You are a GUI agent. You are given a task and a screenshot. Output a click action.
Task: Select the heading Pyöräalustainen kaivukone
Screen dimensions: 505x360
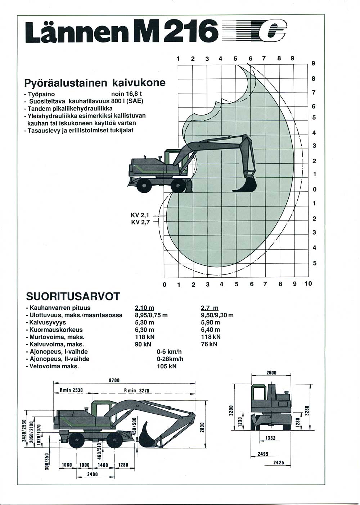point(95,83)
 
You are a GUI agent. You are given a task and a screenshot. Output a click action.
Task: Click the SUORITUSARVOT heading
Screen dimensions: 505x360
point(73,296)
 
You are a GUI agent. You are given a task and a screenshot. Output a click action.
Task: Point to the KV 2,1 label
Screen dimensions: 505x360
point(140,215)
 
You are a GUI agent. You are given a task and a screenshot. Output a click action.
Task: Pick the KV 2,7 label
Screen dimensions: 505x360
point(140,222)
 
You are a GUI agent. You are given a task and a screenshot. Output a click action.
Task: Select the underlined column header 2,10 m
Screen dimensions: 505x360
point(144,308)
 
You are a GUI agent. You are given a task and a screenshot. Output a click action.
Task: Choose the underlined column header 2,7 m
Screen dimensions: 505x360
point(210,308)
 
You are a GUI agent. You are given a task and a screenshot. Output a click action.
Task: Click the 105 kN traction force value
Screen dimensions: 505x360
point(167,366)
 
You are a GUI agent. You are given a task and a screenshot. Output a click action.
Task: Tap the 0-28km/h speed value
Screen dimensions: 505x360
point(170,359)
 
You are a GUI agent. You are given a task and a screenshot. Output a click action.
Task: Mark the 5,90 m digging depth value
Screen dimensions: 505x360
point(210,323)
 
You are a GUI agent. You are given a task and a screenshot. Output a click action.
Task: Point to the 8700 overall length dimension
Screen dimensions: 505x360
point(114,380)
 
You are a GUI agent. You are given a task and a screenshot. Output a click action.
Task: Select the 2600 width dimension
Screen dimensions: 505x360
point(271,373)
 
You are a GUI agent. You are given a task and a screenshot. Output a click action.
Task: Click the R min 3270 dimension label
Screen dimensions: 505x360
point(136,390)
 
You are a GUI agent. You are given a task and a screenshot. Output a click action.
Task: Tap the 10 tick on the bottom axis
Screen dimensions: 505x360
point(308,284)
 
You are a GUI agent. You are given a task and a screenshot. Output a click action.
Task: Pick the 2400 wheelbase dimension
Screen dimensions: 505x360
point(93,474)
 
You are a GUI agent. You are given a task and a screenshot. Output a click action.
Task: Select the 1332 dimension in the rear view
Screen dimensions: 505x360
point(270,438)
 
